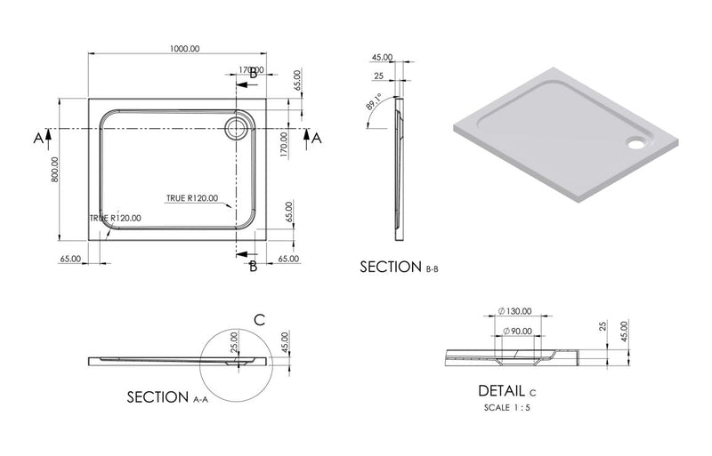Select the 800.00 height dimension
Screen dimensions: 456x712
55,169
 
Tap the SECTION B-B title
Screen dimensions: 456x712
400,267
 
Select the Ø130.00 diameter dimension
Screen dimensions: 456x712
516,312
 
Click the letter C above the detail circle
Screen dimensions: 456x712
259,319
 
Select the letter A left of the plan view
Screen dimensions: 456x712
38,137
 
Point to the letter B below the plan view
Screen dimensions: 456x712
253,266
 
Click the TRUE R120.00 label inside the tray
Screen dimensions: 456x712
191,198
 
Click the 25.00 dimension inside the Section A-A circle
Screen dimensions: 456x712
234,340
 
